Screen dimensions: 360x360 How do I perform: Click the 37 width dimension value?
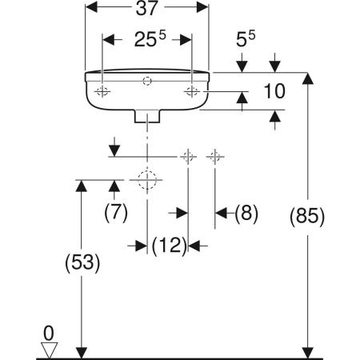click(x=147, y=8)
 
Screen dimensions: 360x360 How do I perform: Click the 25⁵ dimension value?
click(x=150, y=39)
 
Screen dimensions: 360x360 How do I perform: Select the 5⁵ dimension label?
click(x=246, y=39)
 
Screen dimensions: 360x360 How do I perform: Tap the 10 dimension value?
click(x=274, y=91)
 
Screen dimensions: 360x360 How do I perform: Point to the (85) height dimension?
click(x=307, y=216)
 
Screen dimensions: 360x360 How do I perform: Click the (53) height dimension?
click(x=82, y=263)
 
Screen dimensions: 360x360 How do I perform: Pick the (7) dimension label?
click(x=116, y=213)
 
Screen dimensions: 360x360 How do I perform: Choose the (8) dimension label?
click(x=246, y=214)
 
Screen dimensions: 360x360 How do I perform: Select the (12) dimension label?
click(x=170, y=246)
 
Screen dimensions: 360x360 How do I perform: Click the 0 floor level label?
click(x=49, y=334)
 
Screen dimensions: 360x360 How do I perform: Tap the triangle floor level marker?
click(x=49, y=350)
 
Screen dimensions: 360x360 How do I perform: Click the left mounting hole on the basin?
click(x=102, y=91)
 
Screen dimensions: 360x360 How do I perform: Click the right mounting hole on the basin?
click(x=192, y=91)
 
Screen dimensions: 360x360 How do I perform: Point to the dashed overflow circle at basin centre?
click(x=147, y=81)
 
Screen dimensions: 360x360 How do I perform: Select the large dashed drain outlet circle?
click(x=147, y=180)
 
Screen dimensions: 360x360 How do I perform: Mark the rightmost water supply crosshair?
click(x=215, y=157)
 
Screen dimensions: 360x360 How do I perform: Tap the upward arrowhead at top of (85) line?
click(x=308, y=78)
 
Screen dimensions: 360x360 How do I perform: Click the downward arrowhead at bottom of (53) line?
click(x=82, y=353)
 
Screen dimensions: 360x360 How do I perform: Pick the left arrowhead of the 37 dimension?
click(x=91, y=7)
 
